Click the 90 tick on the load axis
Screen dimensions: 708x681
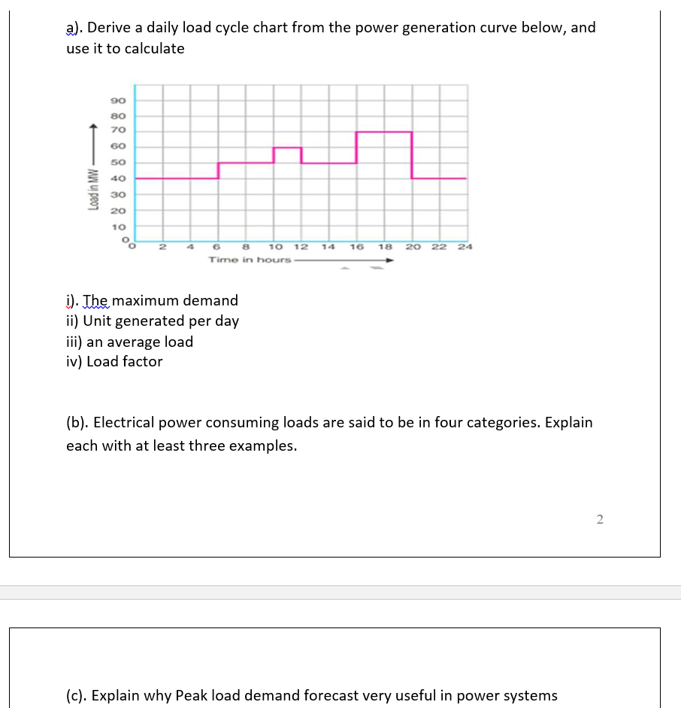118,100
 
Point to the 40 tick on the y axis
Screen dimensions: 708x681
118,179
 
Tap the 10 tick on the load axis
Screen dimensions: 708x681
118,226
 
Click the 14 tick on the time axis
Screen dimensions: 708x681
328,247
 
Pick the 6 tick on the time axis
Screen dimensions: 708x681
217,247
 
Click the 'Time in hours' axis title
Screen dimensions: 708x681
250,260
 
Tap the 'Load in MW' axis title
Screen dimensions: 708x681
94,193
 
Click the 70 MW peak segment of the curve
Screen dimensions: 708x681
383,132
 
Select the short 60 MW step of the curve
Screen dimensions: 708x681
287,147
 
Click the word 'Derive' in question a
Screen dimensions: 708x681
111,28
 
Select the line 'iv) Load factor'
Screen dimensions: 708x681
114,361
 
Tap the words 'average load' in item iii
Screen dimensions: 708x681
150,342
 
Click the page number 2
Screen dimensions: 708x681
600,518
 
